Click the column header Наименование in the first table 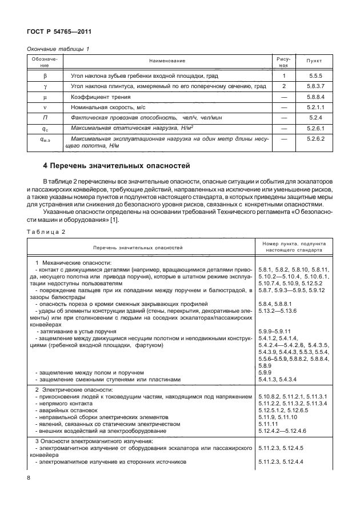167,61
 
